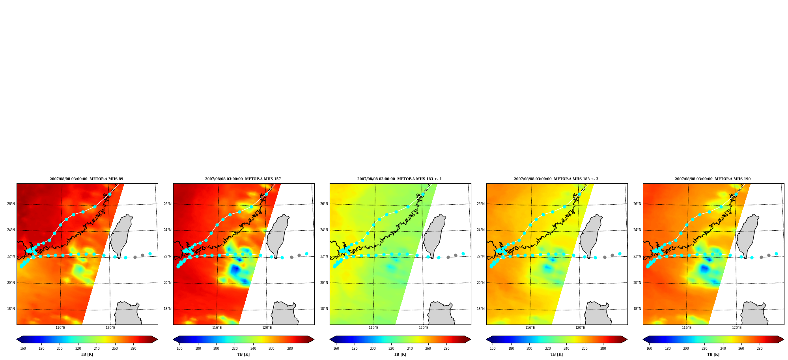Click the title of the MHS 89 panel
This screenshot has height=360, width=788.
tap(86, 179)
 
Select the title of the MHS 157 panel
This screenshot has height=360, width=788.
tap(243, 179)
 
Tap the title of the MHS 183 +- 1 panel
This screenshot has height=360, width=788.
tap(400, 179)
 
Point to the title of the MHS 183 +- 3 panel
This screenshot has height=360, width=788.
tap(556, 179)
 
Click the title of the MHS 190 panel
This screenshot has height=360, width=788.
tap(713, 179)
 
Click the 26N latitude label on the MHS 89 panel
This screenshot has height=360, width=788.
tap(11, 204)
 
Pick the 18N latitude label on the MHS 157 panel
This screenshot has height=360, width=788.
tap(168, 309)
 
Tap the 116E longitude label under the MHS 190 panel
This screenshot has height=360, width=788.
tap(687, 328)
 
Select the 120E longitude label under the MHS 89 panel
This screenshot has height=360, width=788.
tap(110, 328)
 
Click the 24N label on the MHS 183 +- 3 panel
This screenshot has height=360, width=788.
tap(481, 230)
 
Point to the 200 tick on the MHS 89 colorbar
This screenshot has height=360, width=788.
tap(60, 349)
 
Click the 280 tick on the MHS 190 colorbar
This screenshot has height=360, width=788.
tap(760, 349)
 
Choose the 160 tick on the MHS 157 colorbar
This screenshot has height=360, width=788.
tap(179, 349)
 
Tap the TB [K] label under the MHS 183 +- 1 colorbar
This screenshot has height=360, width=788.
tap(400, 354)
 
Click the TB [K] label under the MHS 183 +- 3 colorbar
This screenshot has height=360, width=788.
tap(556, 354)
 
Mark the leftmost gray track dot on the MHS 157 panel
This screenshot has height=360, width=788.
tap(292, 257)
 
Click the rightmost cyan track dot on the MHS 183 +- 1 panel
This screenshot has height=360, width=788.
tap(463, 254)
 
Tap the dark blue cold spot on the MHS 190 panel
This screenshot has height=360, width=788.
tap(704, 269)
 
